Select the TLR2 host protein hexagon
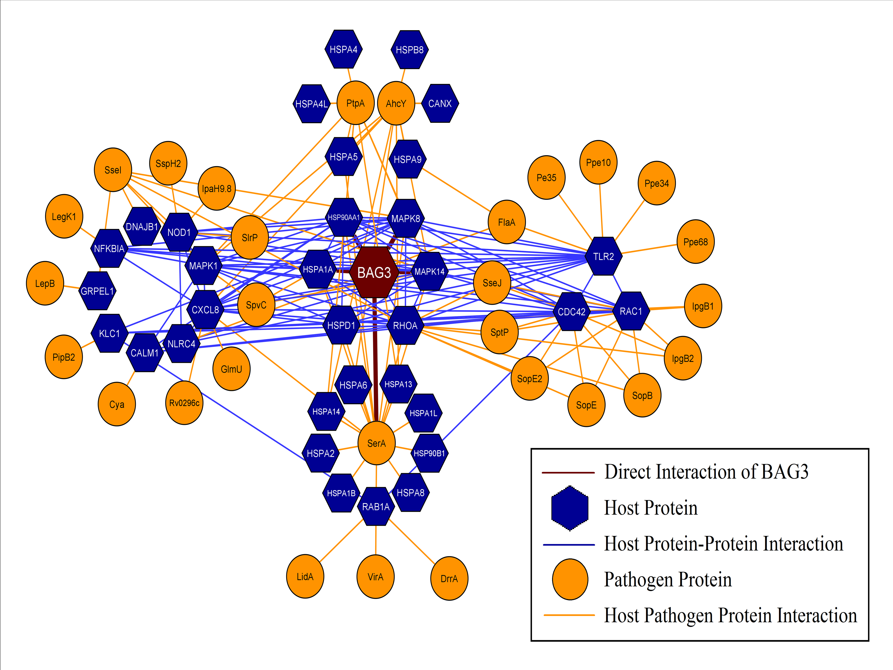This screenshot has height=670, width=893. pyautogui.click(x=603, y=256)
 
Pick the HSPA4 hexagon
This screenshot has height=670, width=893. pyautogui.click(x=343, y=49)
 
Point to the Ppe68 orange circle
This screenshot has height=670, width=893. pyautogui.click(x=695, y=242)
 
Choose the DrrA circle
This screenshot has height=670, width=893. pyautogui.click(x=449, y=578)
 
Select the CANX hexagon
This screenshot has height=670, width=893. pyautogui.click(x=440, y=103)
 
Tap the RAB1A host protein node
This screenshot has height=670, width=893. pyautogui.click(x=376, y=506)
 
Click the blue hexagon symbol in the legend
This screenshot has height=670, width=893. pyautogui.click(x=570, y=508)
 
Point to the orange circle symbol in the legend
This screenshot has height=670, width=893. pyautogui.click(x=570, y=579)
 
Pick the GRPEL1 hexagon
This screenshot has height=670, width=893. pyautogui.click(x=97, y=291)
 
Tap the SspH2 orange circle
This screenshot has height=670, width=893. pyautogui.click(x=168, y=164)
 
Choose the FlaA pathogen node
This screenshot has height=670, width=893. pyautogui.click(x=506, y=222)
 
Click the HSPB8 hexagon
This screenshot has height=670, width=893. pyautogui.click(x=409, y=50)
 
